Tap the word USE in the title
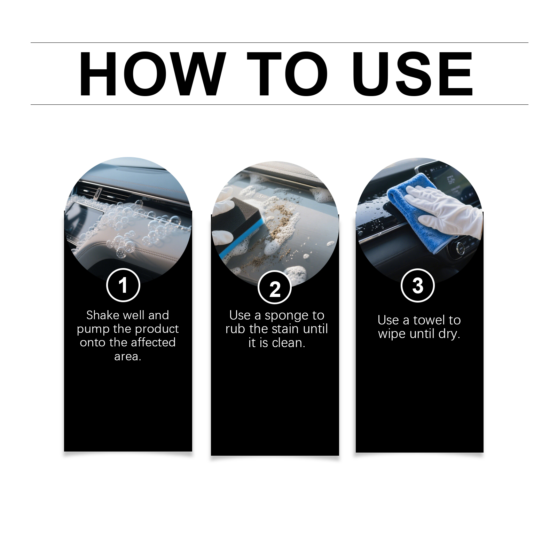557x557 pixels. [413, 74]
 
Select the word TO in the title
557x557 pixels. [288, 73]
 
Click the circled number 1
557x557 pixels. [123, 285]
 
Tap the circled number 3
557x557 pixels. [418, 286]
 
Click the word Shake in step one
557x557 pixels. [103, 315]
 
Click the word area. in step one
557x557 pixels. [128, 356]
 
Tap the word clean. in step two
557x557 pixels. [289, 343]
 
